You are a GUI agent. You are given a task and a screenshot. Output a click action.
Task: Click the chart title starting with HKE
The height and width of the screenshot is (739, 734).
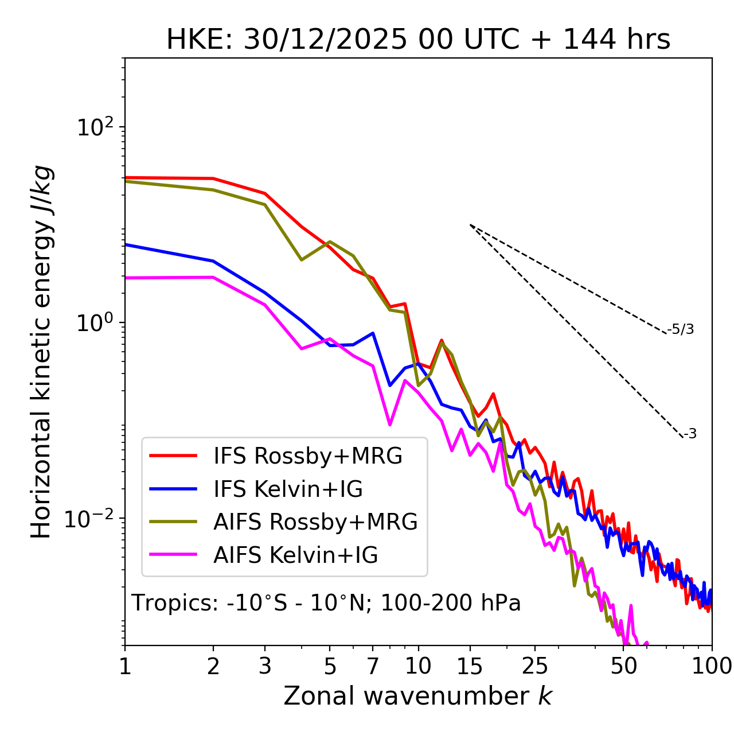pyautogui.click(x=418, y=40)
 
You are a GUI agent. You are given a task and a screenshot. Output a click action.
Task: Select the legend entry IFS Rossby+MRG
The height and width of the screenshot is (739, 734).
pyautogui.click(x=307, y=456)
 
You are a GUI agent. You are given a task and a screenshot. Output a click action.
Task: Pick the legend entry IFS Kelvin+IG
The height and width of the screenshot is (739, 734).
pyautogui.click(x=288, y=489)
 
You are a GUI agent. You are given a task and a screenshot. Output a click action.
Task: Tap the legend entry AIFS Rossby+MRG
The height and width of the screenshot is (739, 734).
pyautogui.click(x=315, y=522)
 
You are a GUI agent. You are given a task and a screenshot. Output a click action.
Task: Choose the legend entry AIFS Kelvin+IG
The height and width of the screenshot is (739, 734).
pyautogui.click(x=295, y=555)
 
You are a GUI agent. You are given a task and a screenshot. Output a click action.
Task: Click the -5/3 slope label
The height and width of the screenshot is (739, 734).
pyautogui.click(x=681, y=329)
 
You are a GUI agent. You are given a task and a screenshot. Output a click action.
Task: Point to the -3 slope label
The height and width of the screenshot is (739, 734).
pyautogui.click(x=690, y=434)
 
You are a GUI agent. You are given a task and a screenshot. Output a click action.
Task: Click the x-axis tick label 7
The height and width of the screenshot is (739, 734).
pyautogui.click(x=373, y=666)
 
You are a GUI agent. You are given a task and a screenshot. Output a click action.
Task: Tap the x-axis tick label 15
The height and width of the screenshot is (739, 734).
pyautogui.click(x=470, y=666)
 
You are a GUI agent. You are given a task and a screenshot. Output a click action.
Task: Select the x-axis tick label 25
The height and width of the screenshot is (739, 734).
pyautogui.click(x=535, y=666)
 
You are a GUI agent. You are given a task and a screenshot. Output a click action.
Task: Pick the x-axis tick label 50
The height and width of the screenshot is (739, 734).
pyautogui.click(x=624, y=666)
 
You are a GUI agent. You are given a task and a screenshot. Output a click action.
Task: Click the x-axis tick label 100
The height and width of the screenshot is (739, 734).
pyautogui.click(x=711, y=666)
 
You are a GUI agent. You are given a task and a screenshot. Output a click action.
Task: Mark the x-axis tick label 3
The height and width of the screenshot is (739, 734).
pyautogui.click(x=265, y=666)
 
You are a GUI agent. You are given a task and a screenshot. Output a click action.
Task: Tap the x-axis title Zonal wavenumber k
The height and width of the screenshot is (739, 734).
pyautogui.click(x=417, y=696)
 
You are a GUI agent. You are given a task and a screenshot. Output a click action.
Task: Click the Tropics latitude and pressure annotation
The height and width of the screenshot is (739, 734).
pyautogui.click(x=326, y=603)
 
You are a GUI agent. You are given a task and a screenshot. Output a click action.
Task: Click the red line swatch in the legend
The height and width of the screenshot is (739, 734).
pyautogui.click(x=173, y=456)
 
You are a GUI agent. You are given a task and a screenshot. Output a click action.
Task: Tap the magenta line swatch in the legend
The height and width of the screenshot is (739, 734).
pyautogui.click(x=173, y=555)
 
